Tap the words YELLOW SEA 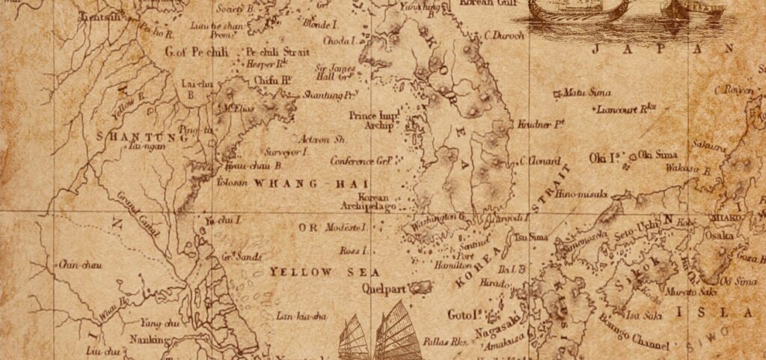pos(325,272)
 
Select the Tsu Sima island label pos(530,237)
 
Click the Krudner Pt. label pos(538,123)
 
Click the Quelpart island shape pos(421,287)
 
